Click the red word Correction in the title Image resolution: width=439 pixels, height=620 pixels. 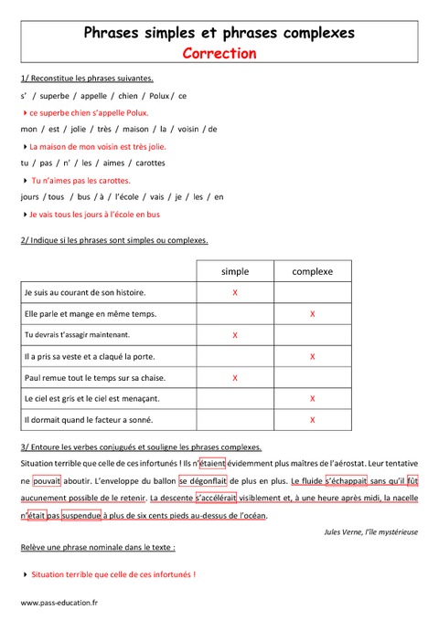pyautogui.click(x=219, y=53)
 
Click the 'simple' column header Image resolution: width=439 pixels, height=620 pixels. pyautogui.click(x=235, y=271)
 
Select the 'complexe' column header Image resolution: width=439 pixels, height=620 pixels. pyautogui.click(x=313, y=271)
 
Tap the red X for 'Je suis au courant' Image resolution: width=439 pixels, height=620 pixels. pyautogui.click(x=235, y=292)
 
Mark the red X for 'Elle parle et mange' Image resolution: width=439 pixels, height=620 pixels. pyautogui.click(x=313, y=313)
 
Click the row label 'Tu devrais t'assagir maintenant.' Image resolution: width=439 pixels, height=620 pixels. pyautogui.click(x=82, y=335)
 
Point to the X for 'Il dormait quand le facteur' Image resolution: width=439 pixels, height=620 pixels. pyautogui.click(x=313, y=420)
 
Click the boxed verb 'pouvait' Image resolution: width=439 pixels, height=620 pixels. pyautogui.click(x=47, y=479)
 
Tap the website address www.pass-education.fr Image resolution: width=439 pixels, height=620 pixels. pyautogui.click(x=60, y=603)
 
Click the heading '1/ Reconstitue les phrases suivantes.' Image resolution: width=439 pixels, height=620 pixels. pyautogui.click(x=86, y=79)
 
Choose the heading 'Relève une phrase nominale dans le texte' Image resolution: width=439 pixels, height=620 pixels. pyautogui.click(x=97, y=547)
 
